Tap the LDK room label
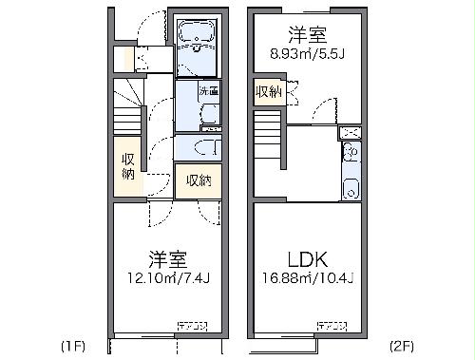(307, 258)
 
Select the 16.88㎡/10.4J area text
(308, 278)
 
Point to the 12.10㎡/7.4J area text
(164, 278)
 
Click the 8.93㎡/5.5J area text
(307, 54)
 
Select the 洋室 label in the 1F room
(165, 258)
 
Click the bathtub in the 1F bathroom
(197, 36)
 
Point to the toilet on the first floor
(203, 147)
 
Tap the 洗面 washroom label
(208, 92)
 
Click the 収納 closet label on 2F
(267, 92)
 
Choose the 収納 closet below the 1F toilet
(198, 180)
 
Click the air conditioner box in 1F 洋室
(193, 325)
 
